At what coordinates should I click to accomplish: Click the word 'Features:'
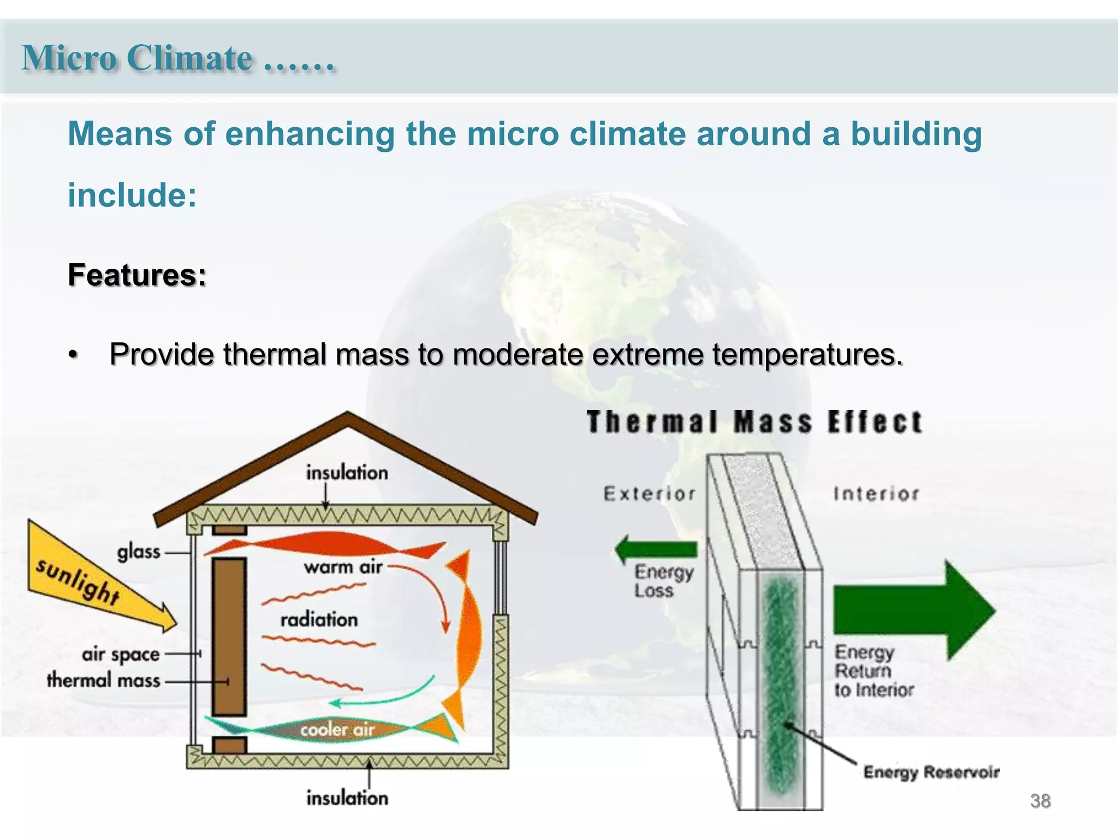click(x=137, y=275)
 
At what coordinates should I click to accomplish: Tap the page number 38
click(x=1040, y=801)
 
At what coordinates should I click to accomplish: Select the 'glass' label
click(x=139, y=552)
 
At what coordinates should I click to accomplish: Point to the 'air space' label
click(x=121, y=654)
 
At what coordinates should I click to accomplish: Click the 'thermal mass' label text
click(x=104, y=681)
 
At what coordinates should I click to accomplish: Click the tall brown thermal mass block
click(x=229, y=636)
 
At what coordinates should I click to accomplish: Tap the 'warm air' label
click(x=343, y=568)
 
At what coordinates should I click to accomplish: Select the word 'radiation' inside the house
click(x=319, y=619)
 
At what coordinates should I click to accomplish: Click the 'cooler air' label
click(x=337, y=730)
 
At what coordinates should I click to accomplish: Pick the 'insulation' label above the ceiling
click(x=347, y=472)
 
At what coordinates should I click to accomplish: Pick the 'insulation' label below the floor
click(x=347, y=798)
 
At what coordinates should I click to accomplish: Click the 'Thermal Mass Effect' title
click(x=754, y=422)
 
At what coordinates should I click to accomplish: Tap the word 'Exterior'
click(x=650, y=494)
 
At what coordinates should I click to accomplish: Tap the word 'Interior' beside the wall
click(x=876, y=494)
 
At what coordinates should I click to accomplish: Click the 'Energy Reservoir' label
click(x=931, y=772)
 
